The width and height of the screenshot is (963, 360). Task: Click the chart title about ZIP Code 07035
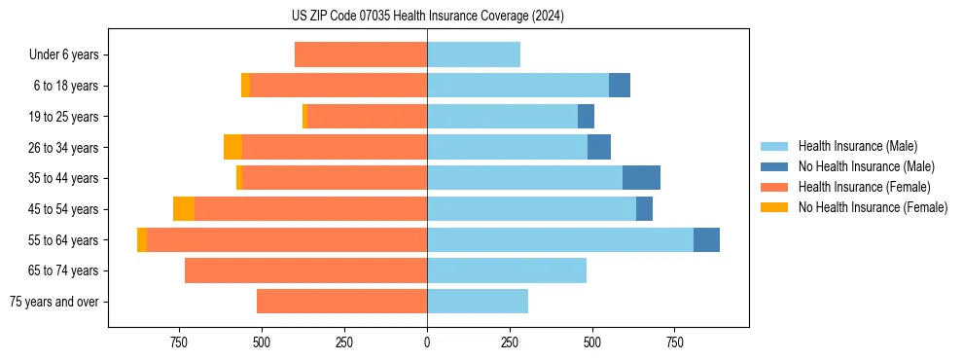click(x=427, y=16)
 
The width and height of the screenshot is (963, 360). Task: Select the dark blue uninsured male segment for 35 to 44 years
click(x=641, y=178)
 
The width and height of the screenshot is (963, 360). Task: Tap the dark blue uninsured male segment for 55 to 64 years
click(x=706, y=239)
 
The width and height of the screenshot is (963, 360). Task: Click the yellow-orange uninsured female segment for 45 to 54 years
click(x=184, y=209)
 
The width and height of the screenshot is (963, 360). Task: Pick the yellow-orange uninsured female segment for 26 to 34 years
click(x=232, y=147)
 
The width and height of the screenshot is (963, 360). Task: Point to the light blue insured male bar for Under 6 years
click(x=474, y=54)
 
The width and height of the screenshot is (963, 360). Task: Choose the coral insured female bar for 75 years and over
click(x=341, y=302)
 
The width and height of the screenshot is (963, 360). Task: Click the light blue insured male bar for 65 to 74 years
click(x=507, y=270)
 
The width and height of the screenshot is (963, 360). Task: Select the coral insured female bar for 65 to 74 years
click(x=305, y=270)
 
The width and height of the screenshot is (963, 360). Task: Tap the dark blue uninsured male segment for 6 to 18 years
click(x=619, y=86)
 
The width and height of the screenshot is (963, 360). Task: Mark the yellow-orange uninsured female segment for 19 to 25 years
click(x=304, y=117)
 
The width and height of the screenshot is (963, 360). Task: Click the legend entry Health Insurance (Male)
click(x=857, y=146)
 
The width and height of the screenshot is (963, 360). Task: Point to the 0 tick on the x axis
click(x=427, y=342)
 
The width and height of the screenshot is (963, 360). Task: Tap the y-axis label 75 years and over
click(x=54, y=302)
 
